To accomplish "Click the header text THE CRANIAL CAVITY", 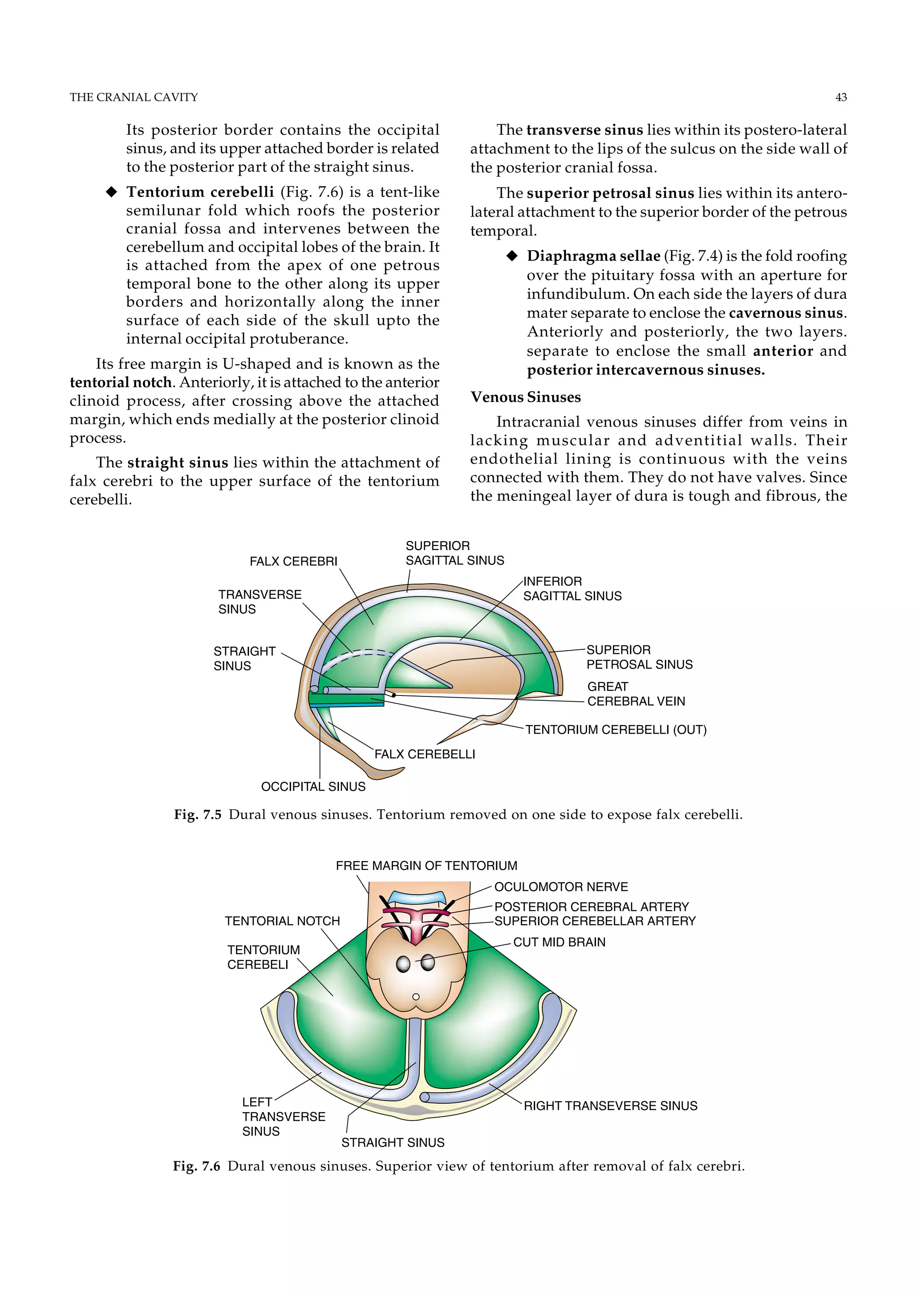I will pyautogui.click(x=133, y=97).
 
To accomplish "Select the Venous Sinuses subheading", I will pyautogui.click(x=526, y=397).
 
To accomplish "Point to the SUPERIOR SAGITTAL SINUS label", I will pyautogui.click(x=454, y=553).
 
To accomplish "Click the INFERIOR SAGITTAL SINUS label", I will pyautogui.click(x=572, y=589).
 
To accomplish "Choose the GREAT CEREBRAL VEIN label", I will pyautogui.click(x=636, y=694).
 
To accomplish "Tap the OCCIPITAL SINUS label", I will pyautogui.click(x=313, y=786).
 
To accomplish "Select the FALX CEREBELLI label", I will pyautogui.click(x=424, y=754).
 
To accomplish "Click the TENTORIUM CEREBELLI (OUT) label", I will pyautogui.click(x=616, y=730).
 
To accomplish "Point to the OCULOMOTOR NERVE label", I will pyautogui.click(x=561, y=887).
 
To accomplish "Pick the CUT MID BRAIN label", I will pyautogui.click(x=559, y=942).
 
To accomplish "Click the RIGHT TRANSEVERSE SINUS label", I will pyautogui.click(x=610, y=1105).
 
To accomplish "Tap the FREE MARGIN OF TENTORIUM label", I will pyautogui.click(x=426, y=866).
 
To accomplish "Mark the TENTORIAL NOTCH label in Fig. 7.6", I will pyautogui.click(x=282, y=921).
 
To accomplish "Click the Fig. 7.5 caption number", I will pyautogui.click(x=197, y=815).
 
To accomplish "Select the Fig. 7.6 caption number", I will pyautogui.click(x=196, y=1166).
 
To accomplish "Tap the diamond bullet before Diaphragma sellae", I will pyautogui.click(x=512, y=256).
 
